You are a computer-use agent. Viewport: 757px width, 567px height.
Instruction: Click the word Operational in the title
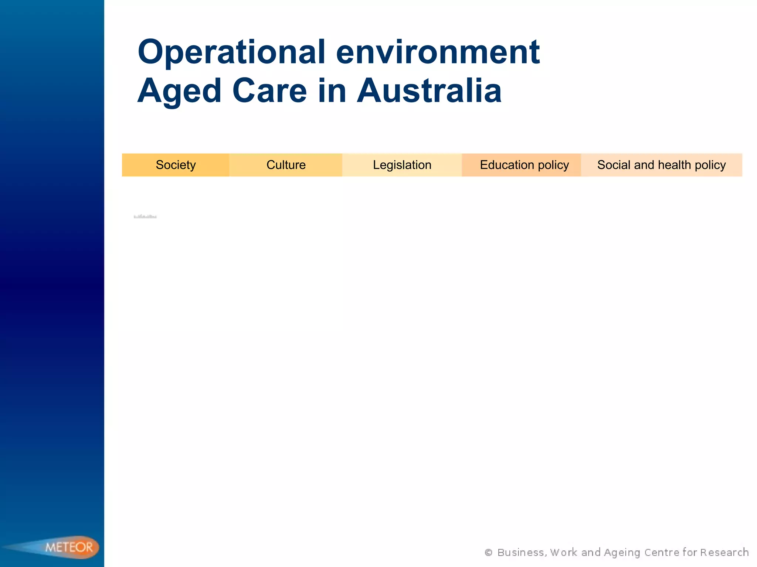(x=231, y=52)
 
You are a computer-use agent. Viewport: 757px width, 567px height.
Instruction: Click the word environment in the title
(x=438, y=52)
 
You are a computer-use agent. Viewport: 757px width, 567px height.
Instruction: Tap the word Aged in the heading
(x=179, y=91)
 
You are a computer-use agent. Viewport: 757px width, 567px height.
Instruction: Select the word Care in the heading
(x=269, y=91)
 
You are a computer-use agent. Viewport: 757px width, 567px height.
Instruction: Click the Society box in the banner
(x=176, y=165)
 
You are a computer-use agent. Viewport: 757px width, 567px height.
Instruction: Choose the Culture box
(x=286, y=165)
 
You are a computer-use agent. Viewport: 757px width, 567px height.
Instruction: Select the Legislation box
(x=402, y=165)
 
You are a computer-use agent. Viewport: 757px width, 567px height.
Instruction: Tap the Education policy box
(x=524, y=165)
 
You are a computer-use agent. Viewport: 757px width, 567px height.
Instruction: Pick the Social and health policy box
(x=661, y=165)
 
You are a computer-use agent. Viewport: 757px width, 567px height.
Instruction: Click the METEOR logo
(x=69, y=547)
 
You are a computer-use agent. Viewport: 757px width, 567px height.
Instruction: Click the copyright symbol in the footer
(x=488, y=553)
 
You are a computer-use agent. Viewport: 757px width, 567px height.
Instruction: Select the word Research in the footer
(x=724, y=553)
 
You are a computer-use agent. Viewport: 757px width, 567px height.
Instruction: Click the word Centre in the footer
(x=662, y=553)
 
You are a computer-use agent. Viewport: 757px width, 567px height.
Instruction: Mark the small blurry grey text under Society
(x=145, y=217)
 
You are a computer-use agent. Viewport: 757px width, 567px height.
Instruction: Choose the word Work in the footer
(x=563, y=553)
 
